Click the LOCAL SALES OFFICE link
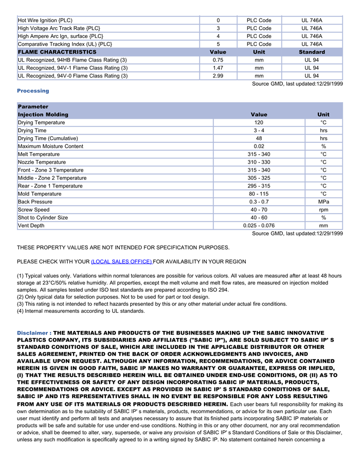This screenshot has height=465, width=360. tap(121, 262)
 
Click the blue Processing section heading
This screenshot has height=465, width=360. tap(33, 91)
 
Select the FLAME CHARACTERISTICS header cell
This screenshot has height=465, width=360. tap(57, 52)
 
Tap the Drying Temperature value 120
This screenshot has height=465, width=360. tap(259, 123)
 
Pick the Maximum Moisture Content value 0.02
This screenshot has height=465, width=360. tap(259, 146)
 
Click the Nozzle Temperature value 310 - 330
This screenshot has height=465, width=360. tap(259, 162)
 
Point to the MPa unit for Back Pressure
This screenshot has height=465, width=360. tap(323, 202)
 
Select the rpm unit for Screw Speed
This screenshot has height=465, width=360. tap(323, 210)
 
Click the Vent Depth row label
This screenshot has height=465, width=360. tap(31, 226)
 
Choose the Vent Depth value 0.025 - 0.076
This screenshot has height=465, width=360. tap(259, 226)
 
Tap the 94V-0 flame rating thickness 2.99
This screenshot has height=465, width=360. tap(218, 76)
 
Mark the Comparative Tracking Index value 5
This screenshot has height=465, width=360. tap(218, 44)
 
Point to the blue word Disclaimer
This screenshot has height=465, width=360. tap(32, 333)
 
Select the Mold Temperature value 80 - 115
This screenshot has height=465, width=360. tap(259, 194)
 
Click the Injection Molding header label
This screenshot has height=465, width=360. tap(43, 115)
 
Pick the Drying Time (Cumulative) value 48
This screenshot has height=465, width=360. tap(259, 139)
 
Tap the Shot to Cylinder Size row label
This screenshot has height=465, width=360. tap(43, 218)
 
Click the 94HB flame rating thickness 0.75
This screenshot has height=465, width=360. tap(218, 60)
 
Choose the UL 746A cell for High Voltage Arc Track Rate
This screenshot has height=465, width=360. tap(312, 28)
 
